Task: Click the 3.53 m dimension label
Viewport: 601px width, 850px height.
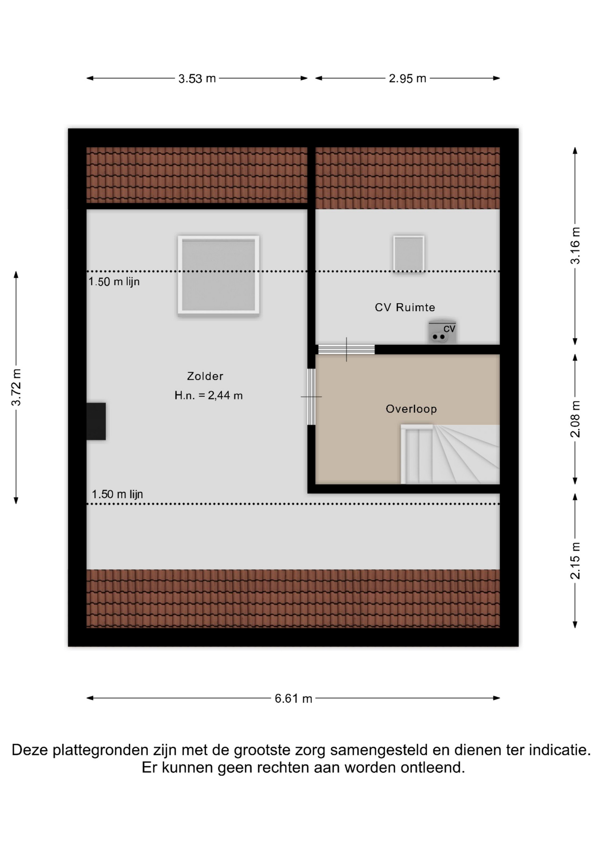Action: [x=197, y=79]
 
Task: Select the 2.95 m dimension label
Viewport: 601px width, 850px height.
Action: [x=407, y=79]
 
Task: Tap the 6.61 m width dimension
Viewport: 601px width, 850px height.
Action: [x=293, y=699]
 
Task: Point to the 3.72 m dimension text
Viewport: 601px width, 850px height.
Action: [x=16, y=387]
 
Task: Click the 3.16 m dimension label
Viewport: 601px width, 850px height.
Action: [x=575, y=246]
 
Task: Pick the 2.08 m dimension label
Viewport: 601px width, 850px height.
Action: [x=575, y=419]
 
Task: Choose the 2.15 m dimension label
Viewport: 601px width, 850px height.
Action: [x=575, y=560]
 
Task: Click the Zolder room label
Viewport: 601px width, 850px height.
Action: [x=205, y=376]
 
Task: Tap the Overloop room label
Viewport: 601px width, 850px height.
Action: [x=411, y=409]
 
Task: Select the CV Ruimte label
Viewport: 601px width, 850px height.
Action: [x=405, y=307]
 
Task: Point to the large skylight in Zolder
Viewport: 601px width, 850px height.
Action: [x=219, y=275]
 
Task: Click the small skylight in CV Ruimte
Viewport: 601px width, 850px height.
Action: [x=409, y=254]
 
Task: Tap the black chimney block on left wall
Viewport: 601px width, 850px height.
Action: [x=96, y=421]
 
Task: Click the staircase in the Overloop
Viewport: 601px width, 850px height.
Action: [x=450, y=454]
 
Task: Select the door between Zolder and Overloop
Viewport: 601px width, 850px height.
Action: [x=312, y=397]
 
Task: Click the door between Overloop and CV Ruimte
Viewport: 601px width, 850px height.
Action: [x=347, y=350]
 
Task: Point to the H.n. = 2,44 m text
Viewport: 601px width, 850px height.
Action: [x=208, y=395]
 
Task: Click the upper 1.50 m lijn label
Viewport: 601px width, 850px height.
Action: [x=114, y=282]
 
